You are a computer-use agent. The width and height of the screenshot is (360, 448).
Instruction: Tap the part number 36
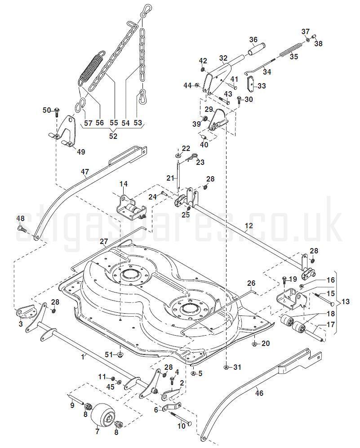253,40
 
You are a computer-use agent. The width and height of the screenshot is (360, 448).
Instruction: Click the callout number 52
113,136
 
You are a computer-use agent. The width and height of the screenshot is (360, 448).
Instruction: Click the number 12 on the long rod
249,225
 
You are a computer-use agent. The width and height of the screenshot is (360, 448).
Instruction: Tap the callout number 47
85,171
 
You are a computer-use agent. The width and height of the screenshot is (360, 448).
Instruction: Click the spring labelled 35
292,49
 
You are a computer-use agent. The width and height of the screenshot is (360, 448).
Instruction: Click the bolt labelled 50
58,110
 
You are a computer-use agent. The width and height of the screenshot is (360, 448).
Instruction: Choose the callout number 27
104,242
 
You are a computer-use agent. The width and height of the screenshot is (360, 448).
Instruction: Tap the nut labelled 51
120,355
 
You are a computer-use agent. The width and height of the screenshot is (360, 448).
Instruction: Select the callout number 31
237,367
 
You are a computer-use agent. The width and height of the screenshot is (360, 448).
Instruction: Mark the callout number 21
170,178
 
